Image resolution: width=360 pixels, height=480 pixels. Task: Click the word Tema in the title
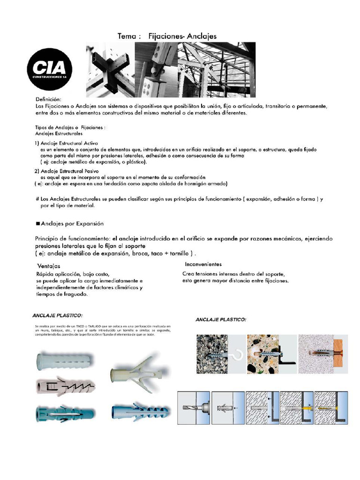tap(128, 36)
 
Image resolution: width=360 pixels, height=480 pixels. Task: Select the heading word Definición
tap(48, 99)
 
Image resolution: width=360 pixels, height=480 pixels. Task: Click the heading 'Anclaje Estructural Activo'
tap(69, 143)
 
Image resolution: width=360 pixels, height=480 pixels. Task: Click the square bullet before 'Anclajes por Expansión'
tap(38, 224)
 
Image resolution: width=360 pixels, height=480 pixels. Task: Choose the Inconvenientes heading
tap(203, 264)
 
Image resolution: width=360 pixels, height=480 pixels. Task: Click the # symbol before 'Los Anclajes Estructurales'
tap(37, 199)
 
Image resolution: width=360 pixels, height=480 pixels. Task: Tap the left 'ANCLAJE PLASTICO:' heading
tap(57, 315)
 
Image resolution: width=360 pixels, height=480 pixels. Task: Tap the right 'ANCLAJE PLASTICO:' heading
tap(220, 319)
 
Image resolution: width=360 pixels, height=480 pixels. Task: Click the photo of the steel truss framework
tap(218, 69)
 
